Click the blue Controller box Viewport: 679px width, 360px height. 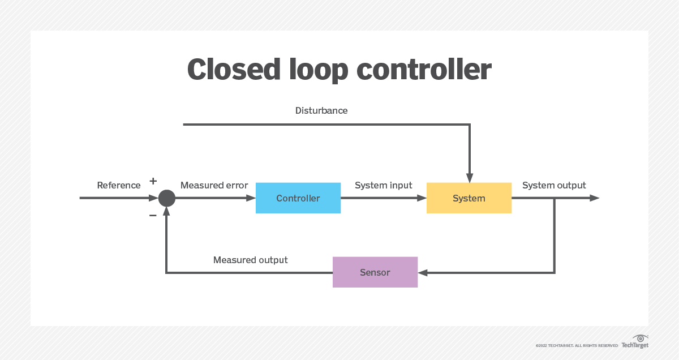pyautogui.click(x=298, y=198)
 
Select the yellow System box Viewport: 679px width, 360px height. pyautogui.click(x=469, y=198)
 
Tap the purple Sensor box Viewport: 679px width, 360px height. pyautogui.click(x=375, y=272)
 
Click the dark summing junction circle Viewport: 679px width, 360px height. pyautogui.click(x=166, y=198)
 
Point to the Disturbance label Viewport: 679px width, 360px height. pyautogui.click(x=321, y=110)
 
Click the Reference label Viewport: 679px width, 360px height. pyautogui.click(x=119, y=185)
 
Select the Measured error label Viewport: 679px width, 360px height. pyautogui.click(x=214, y=185)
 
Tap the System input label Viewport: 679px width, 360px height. pyautogui.click(x=383, y=185)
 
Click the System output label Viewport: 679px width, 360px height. pyautogui.click(x=554, y=185)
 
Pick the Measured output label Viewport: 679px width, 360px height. pyautogui.click(x=250, y=260)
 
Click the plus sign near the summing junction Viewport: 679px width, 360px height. pyautogui.click(x=153, y=181)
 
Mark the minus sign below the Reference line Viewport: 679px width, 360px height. pyautogui.click(x=153, y=216)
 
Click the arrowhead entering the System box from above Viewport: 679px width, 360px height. pyautogui.click(x=469, y=177)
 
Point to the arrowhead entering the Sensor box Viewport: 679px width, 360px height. pyautogui.click(x=422, y=273)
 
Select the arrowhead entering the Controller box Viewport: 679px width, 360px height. pyautogui.click(x=251, y=198)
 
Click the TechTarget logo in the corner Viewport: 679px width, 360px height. pyautogui.click(x=635, y=341)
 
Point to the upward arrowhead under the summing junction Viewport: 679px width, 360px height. pyautogui.click(x=166, y=211)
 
